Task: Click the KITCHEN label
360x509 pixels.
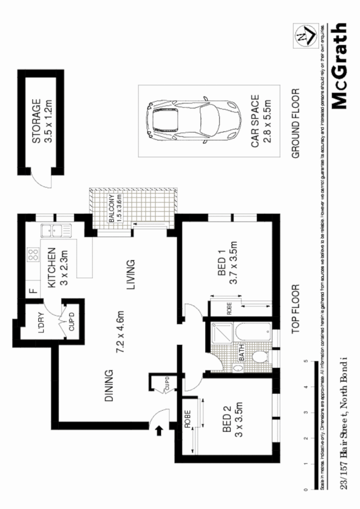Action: pyautogui.click(x=52, y=268)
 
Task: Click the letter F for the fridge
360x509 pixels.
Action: pyautogui.click(x=32, y=292)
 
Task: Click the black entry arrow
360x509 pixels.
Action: pyautogui.click(x=159, y=431)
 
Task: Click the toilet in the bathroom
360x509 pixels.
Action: pyautogui.click(x=258, y=356)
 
